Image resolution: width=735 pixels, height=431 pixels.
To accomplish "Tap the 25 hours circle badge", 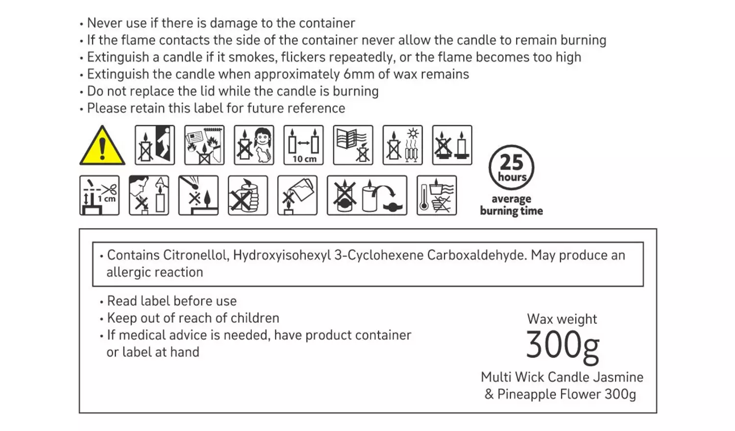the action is click(511, 168).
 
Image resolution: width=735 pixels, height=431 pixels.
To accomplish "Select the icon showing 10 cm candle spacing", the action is click(303, 145).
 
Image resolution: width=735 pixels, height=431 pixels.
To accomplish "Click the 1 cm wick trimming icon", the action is click(99, 195).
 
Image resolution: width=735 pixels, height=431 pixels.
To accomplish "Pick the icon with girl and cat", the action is click(254, 145).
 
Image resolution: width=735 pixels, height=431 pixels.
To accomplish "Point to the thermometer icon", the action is click(437, 195).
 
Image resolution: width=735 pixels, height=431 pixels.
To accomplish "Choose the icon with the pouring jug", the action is click(297, 195).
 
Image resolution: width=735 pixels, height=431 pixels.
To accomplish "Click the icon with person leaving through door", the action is click(155, 145).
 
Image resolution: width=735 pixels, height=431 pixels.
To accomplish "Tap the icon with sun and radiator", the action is click(403, 145).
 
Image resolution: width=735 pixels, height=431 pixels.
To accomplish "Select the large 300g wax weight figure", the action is click(563, 346).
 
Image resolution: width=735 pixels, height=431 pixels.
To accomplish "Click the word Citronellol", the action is click(196, 255).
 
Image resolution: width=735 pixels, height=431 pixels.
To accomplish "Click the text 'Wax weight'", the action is click(562, 319).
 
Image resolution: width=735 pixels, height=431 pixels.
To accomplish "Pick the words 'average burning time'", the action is click(511, 205).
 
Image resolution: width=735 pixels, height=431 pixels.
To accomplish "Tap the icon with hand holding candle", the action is click(248, 195).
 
